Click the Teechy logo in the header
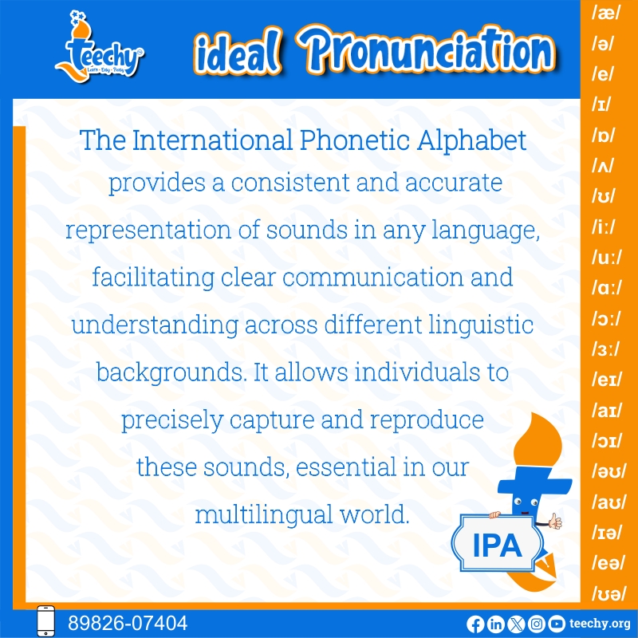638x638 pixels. [x=100, y=46]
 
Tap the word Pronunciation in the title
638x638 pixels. [x=426, y=50]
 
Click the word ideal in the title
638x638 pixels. [x=238, y=53]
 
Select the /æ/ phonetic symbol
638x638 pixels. [x=606, y=14]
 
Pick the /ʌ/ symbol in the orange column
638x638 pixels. [x=603, y=166]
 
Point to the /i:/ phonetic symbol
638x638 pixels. [x=604, y=226]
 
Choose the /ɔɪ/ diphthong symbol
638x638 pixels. [x=607, y=440]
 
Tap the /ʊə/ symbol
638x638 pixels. [x=608, y=593]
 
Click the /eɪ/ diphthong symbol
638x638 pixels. [x=607, y=380]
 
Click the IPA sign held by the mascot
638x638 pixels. [x=497, y=544]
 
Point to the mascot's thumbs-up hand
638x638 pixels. [x=555, y=522]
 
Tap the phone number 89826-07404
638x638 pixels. [x=128, y=623]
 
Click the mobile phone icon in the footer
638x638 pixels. [x=46, y=621]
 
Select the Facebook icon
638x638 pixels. [x=475, y=624]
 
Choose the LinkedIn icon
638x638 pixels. [x=495, y=624]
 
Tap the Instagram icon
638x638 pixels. [x=536, y=624]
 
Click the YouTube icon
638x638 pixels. [x=556, y=624]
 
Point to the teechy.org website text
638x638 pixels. [x=600, y=624]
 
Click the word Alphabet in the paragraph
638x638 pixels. [x=471, y=140]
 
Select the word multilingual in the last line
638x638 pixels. [x=264, y=514]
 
